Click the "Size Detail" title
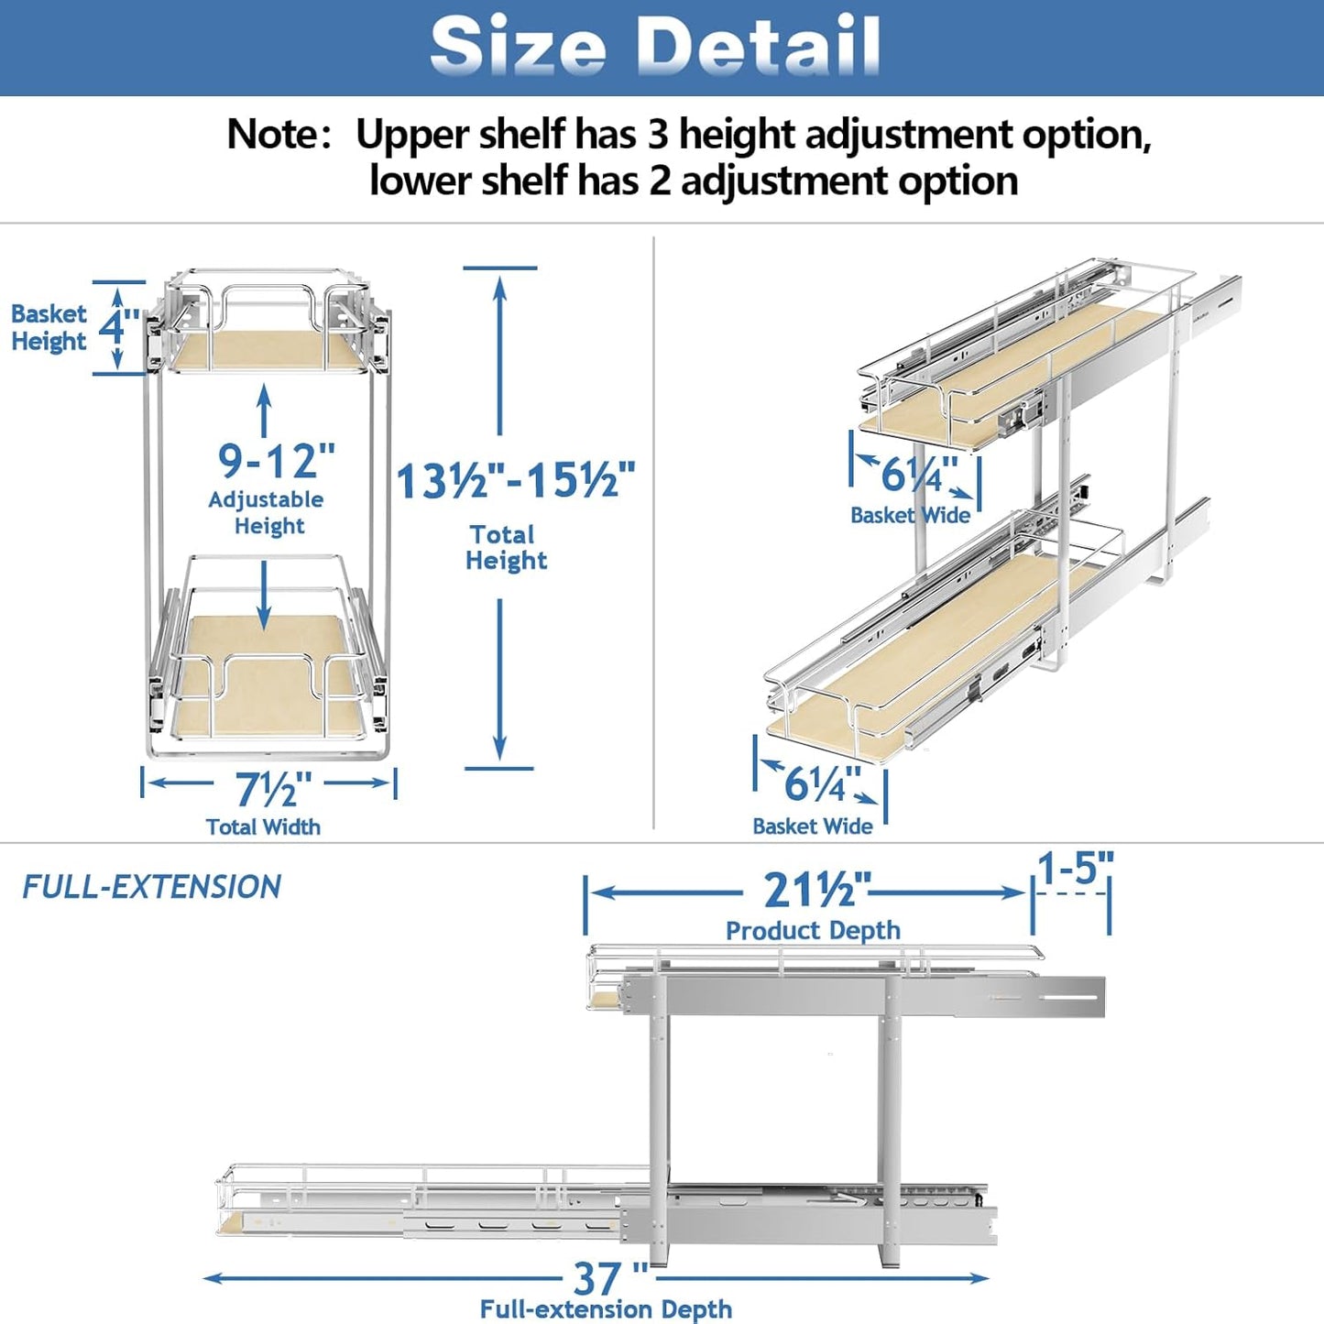(x=655, y=46)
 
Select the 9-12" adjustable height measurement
(x=276, y=460)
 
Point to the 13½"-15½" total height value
(x=515, y=480)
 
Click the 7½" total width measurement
(x=272, y=789)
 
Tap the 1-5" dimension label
(x=1075, y=867)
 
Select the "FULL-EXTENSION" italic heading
(x=151, y=887)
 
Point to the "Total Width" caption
(x=263, y=826)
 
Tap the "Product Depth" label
(x=813, y=930)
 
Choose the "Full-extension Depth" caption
(x=606, y=1309)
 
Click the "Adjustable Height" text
(x=267, y=512)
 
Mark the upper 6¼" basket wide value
(x=917, y=475)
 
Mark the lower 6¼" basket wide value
(x=820, y=784)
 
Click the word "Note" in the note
(x=271, y=135)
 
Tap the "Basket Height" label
(x=49, y=327)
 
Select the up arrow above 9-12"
(x=265, y=410)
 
